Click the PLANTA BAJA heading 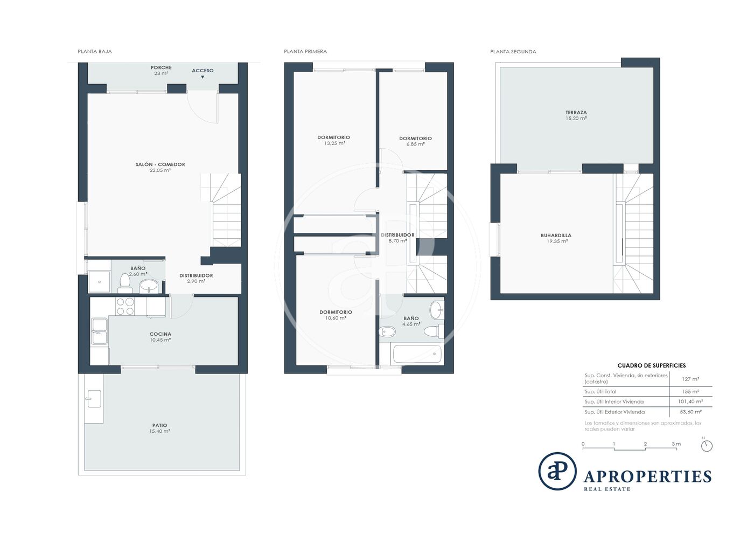pyautogui.click(x=95, y=52)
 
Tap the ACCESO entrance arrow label pyautogui.click(x=203, y=73)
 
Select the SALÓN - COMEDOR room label pyautogui.click(x=160, y=164)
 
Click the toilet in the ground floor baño pyautogui.click(x=124, y=282)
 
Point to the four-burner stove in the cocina pyautogui.click(x=125, y=306)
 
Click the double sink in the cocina pyautogui.click(x=99, y=331)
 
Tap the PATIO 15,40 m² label pyautogui.click(x=159, y=428)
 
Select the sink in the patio pyautogui.click(x=94, y=399)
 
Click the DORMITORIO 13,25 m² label pyautogui.click(x=333, y=140)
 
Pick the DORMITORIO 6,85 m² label pyautogui.click(x=415, y=141)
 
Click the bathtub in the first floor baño pyautogui.click(x=417, y=354)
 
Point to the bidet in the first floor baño pyautogui.click(x=387, y=332)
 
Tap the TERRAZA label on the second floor pyautogui.click(x=576, y=113)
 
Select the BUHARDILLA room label pyautogui.click(x=556, y=236)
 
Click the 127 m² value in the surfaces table pyautogui.click(x=690, y=379)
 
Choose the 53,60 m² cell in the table pyautogui.click(x=690, y=412)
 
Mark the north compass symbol pyautogui.click(x=707, y=445)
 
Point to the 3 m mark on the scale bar pyautogui.click(x=676, y=444)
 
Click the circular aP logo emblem pyautogui.click(x=557, y=471)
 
